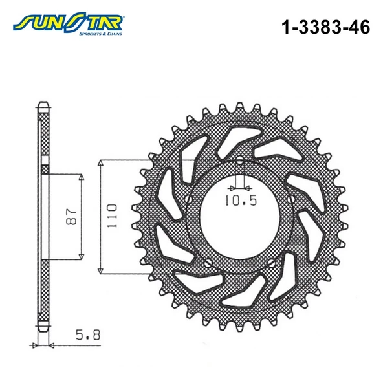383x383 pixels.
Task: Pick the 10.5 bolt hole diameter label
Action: pos(241,201)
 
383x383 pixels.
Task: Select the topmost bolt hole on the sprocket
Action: pos(239,160)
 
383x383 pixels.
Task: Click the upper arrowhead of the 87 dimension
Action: pos(82,178)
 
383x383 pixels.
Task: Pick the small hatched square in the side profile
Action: pos(44,170)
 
